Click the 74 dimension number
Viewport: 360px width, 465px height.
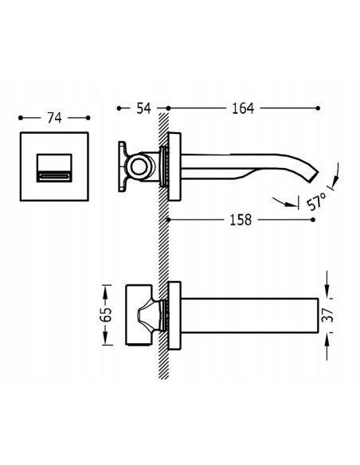click(x=54, y=118)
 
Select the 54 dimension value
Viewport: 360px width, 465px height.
click(x=143, y=108)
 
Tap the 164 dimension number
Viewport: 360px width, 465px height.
click(x=243, y=108)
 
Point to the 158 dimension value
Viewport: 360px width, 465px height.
click(x=241, y=220)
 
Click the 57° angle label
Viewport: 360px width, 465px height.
click(x=317, y=201)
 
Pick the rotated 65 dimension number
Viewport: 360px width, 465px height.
click(x=106, y=315)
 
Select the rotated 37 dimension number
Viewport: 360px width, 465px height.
click(x=327, y=315)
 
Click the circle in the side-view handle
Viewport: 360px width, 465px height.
click(x=139, y=166)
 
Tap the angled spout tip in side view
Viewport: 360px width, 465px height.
click(x=314, y=177)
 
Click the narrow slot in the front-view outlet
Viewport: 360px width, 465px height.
click(x=54, y=177)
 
